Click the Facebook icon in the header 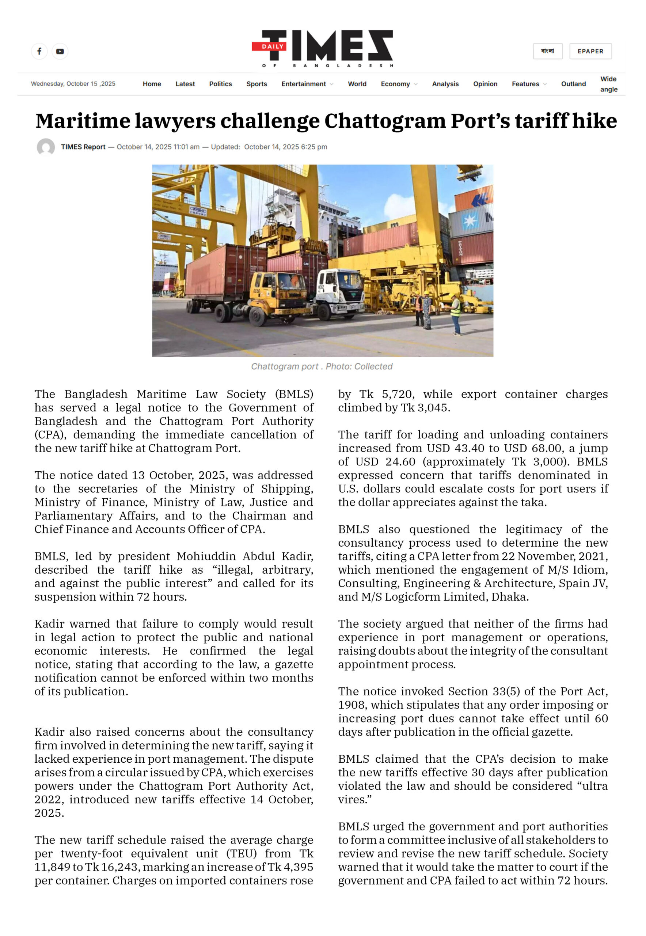click(x=39, y=52)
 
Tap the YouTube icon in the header click(x=60, y=52)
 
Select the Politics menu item click(x=220, y=84)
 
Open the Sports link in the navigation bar click(x=256, y=84)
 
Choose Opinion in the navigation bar click(x=485, y=84)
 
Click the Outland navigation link click(x=573, y=84)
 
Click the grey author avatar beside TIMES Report click(x=46, y=147)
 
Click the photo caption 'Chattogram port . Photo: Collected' click(x=322, y=367)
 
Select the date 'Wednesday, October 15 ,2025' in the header click(x=73, y=84)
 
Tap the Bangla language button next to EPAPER click(x=547, y=52)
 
